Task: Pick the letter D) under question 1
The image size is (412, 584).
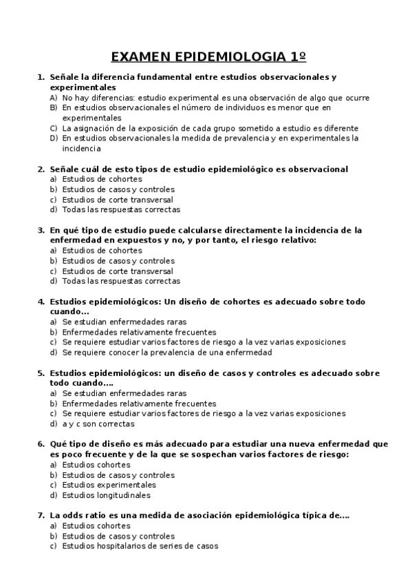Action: click(x=53, y=138)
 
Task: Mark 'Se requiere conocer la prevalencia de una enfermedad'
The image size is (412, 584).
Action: click(x=167, y=353)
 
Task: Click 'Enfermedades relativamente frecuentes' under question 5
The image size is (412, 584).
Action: click(x=139, y=404)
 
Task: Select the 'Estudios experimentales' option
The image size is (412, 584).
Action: click(x=109, y=485)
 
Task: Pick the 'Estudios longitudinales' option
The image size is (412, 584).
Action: click(x=106, y=495)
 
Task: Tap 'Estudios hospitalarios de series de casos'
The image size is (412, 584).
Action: click(x=140, y=546)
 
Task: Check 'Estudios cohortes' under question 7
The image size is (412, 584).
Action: click(x=96, y=525)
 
